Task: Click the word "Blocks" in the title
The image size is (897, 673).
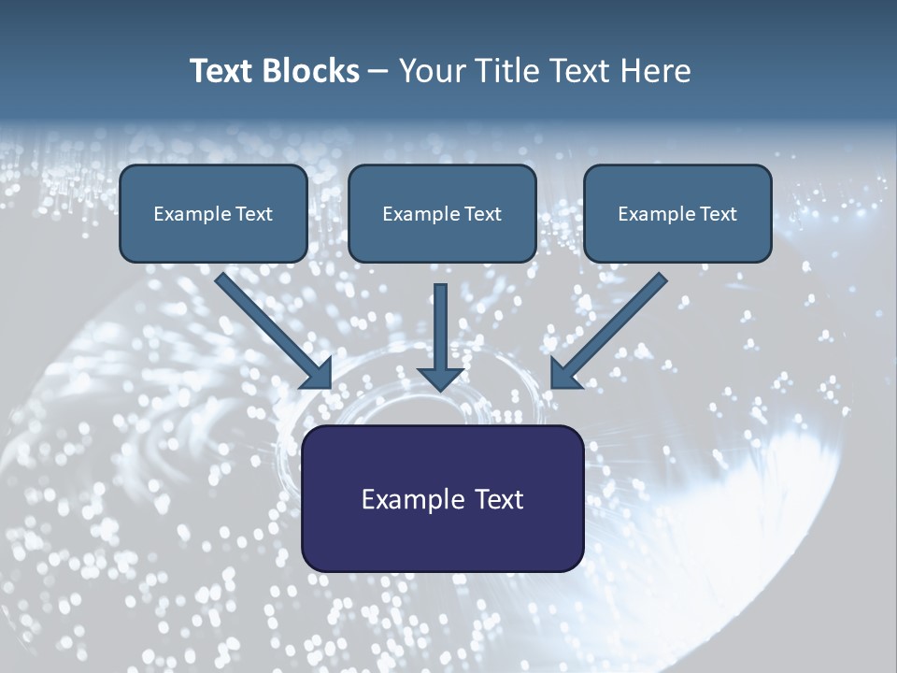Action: [312, 71]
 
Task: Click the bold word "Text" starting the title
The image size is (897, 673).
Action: [224, 71]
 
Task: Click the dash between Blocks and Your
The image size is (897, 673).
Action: [379, 72]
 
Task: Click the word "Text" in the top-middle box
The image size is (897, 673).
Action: [483, 214]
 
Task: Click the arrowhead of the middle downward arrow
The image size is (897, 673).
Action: [441, 378]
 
